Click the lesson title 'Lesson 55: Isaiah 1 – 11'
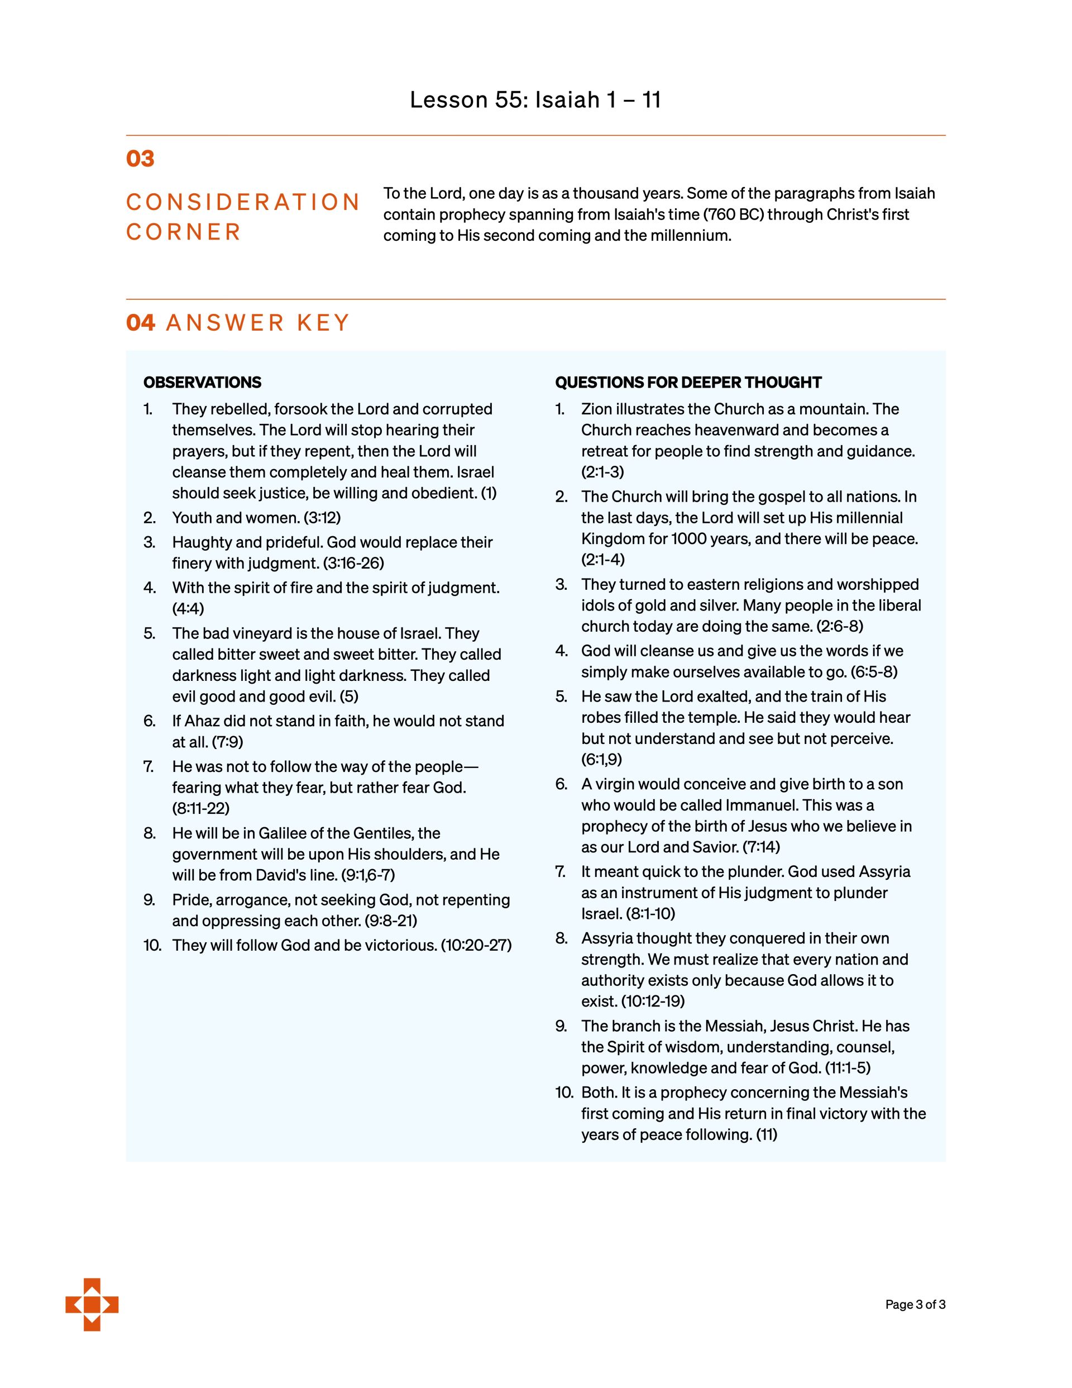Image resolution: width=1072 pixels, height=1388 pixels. [535, 100]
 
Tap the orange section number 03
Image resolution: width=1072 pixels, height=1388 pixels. [141, 158]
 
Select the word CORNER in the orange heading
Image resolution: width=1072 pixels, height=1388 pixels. [184, 232]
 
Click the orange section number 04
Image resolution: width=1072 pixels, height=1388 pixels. [141, 323]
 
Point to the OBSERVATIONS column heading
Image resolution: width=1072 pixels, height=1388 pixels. [202, 383]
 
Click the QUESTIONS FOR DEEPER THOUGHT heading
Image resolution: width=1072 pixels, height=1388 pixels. [688, 383]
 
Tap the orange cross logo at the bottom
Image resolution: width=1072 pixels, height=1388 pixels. [92, 1305]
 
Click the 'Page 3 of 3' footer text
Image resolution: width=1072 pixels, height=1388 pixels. [915, 1305]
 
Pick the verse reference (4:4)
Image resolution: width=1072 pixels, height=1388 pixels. [188, 609]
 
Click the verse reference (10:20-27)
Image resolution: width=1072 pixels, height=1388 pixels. [476, 945]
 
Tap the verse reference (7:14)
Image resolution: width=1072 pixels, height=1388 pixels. [760, 847]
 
